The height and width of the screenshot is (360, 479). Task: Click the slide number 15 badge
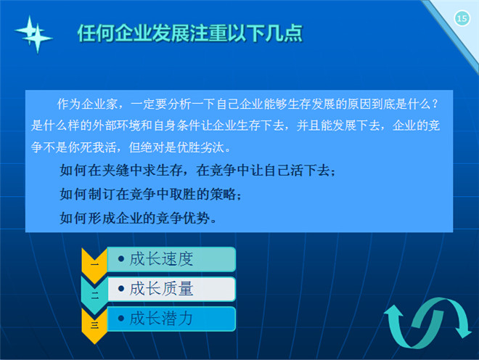point(462,19)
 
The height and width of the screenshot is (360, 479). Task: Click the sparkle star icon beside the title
point(33,34)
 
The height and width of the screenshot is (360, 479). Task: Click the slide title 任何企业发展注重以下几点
point(189,33)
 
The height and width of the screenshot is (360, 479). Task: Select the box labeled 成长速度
point(171,259)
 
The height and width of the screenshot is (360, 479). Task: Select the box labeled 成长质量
point(171,289)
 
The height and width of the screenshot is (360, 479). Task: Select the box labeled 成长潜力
point(171,319)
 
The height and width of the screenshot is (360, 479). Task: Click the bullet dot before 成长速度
point(121,259)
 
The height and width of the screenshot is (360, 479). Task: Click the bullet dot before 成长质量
point(121,288)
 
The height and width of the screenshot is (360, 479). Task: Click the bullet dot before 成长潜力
point(121,319)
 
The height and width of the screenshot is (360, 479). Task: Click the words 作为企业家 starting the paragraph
point(87,105)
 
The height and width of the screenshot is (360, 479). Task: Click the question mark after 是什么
point(435,105)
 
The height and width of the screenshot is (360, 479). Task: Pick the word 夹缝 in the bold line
point(116,171)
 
